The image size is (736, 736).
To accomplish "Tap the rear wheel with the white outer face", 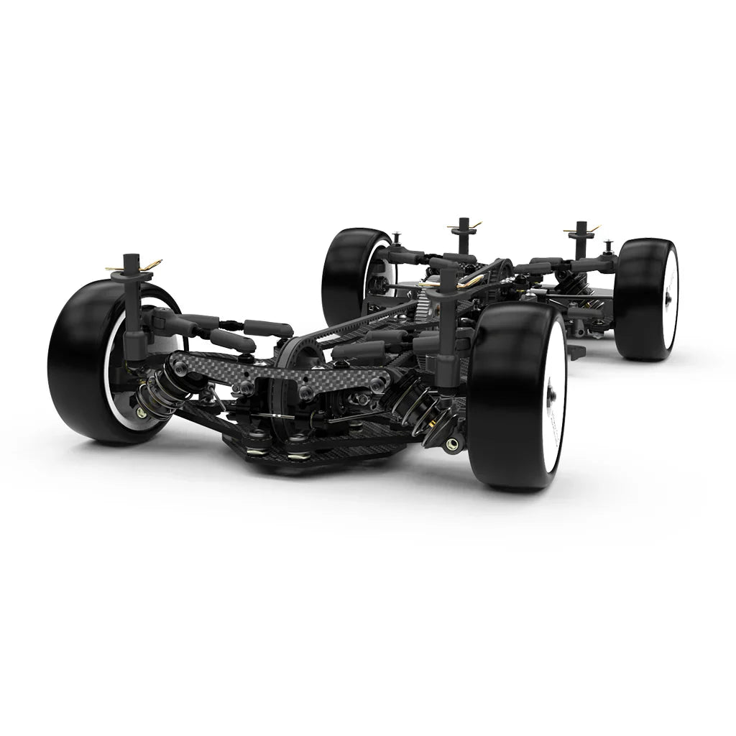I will pos(647,298).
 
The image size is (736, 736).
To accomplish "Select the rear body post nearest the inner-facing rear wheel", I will pos(464,237).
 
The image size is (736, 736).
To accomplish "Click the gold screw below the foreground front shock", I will pos(451,444).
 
